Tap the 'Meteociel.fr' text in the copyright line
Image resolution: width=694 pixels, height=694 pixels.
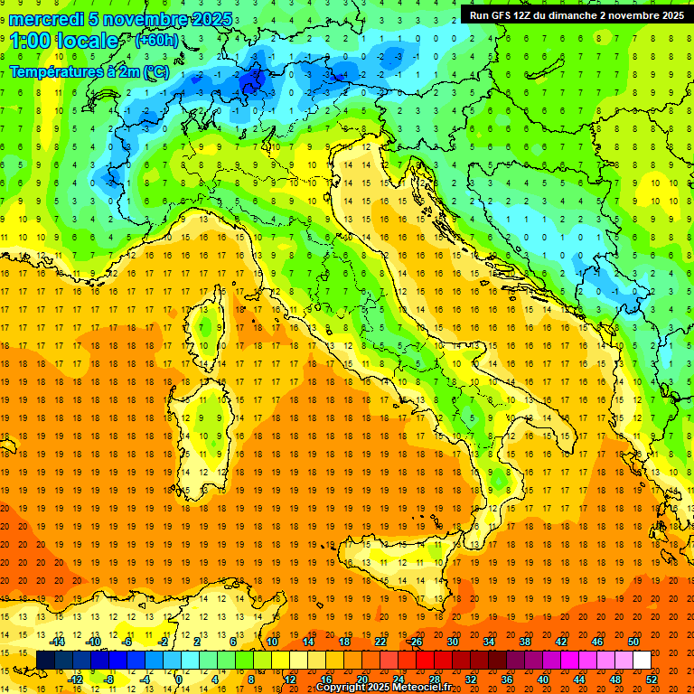coord(417,688)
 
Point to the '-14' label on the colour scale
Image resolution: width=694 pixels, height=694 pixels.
coord(58,642)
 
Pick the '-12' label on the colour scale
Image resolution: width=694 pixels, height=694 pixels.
coord(76,679)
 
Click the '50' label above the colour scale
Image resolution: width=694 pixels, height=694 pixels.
coord(633,642)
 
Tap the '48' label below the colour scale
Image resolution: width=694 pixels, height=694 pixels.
coord(615,679)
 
